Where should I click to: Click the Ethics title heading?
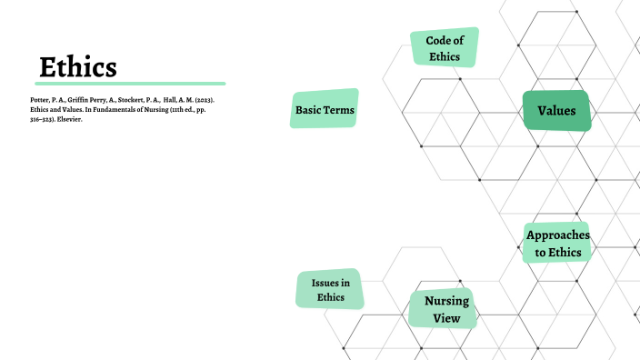point(78,66)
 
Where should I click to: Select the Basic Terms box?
point(325,109)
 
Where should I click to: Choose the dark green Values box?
point(556,111)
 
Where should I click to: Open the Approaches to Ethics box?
point(557,244)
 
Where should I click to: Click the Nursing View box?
point(442,309)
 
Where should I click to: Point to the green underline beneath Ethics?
point(131,84)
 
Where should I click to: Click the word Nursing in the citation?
point(149,109)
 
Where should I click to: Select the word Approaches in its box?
point(557,235)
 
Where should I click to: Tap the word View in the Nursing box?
point(442,319)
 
